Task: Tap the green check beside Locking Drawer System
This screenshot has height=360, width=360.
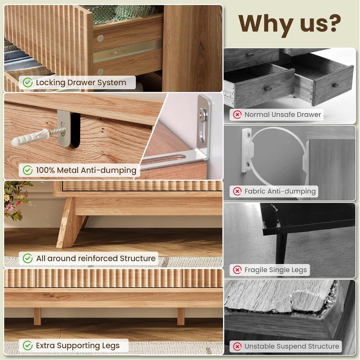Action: tap(27, 82)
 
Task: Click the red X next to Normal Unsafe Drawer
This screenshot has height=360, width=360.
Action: tap(237, 114)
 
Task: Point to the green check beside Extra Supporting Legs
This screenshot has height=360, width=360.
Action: tap(27, 346)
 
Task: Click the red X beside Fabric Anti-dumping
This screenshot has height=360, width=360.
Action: tap(237, 191)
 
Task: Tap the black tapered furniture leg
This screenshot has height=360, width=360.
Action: tap(281, 248)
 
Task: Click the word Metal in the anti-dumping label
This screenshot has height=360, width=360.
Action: tap(68, 170)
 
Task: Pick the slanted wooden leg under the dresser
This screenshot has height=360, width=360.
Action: tap(69, 222)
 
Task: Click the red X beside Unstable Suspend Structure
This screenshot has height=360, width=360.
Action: tap(237, 346)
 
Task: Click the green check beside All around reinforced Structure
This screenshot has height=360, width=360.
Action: tap(27, 258)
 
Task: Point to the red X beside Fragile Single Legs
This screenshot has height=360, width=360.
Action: tap(237, 270)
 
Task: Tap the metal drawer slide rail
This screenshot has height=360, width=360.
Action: tap(128, 51)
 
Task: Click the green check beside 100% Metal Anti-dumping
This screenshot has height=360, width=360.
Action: tap(27, 170)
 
